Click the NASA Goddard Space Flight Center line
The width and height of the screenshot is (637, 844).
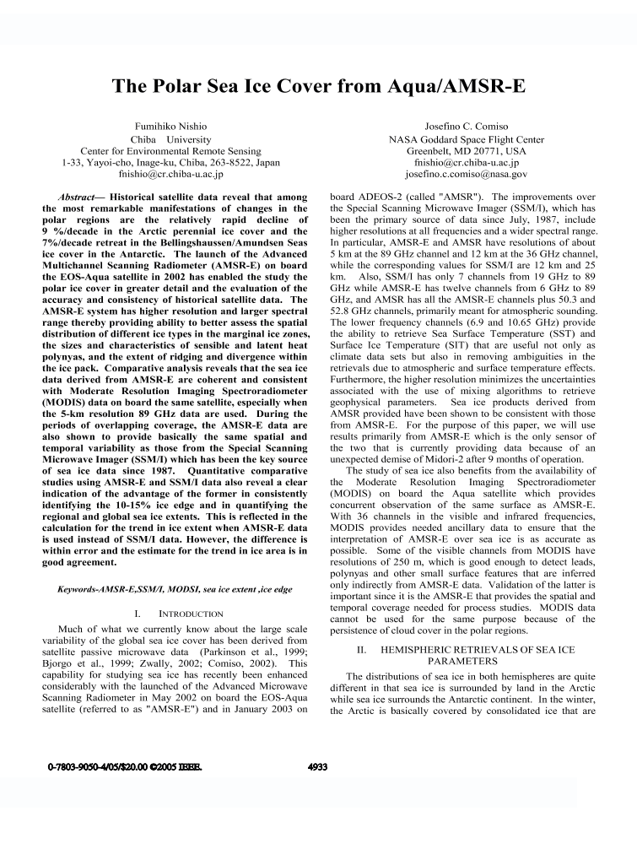466,139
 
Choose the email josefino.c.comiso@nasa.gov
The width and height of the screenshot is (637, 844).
466,175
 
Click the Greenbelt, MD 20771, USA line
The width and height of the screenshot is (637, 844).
466,151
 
